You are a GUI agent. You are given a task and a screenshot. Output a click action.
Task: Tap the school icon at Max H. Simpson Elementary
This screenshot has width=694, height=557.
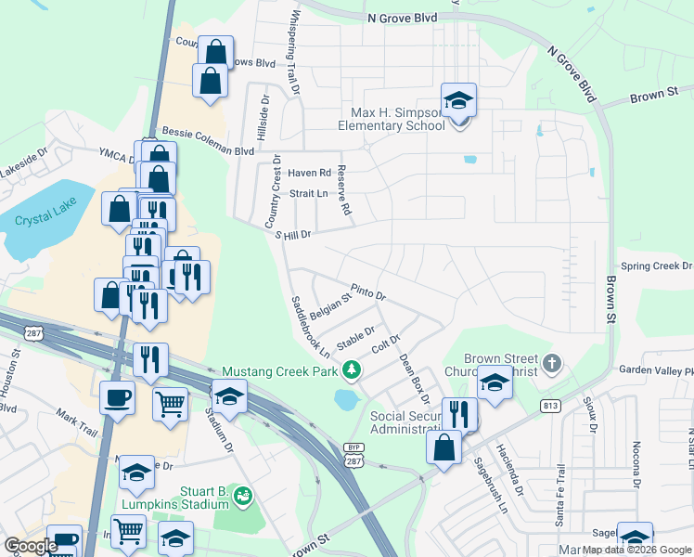coord(457,100)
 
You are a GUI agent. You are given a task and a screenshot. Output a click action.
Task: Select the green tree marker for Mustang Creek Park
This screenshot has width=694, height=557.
coord(351,371)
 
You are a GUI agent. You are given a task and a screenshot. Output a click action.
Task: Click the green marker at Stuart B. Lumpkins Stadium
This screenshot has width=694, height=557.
coord(242,497)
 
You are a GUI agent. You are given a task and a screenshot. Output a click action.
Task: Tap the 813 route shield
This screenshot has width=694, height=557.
coord(549,405)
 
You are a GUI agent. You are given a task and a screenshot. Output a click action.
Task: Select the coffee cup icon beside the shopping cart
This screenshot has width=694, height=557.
coord(117,397)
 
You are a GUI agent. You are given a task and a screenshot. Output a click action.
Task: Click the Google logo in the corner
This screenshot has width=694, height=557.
coord(31,546)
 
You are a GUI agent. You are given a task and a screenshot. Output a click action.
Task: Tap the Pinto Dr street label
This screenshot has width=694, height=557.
coord(367,293)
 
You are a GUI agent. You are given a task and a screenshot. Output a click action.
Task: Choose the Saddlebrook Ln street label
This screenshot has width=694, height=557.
coord(311,327)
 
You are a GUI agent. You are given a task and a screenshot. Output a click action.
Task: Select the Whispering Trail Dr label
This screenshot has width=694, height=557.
coord(295,52)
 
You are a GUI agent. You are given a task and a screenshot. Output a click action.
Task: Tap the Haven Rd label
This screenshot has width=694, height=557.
coord(309,173)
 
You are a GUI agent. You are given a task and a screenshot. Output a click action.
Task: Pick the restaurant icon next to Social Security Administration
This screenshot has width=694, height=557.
coord(459,414)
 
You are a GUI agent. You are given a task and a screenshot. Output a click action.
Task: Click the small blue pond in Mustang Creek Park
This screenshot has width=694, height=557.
coord(346,400)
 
